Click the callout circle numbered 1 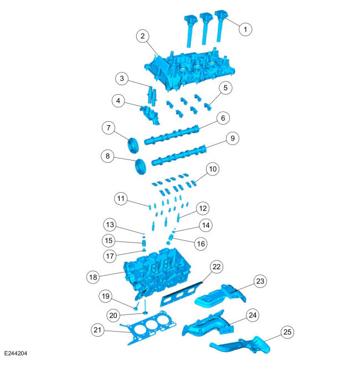[x=245, y=29]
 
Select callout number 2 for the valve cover [x=143, y=36]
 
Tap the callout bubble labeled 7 [x=109, y=128]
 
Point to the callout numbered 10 [x=213, y=169]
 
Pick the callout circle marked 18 [x=93, y=277]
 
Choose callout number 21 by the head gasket [x=97, y=330]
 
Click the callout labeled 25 [x=287, y=332]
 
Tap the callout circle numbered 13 [x=110, y=225]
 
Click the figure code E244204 [x=16, y=353]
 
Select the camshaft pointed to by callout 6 [x=172, y=135]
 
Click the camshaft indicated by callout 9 [x=179, y=155]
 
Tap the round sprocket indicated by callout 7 [x=133, y=145]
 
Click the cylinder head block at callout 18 [x=157, y=272]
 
